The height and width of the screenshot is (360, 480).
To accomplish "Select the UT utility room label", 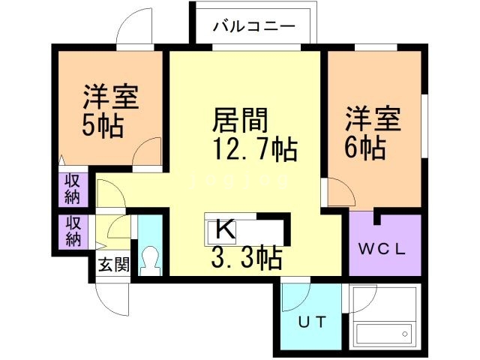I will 313,323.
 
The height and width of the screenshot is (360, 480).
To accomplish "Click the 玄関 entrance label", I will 112,264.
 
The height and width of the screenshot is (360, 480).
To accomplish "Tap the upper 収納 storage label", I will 73,188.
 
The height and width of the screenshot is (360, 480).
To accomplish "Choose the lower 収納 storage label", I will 73,232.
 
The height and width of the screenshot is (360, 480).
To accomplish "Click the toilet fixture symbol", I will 151,261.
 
